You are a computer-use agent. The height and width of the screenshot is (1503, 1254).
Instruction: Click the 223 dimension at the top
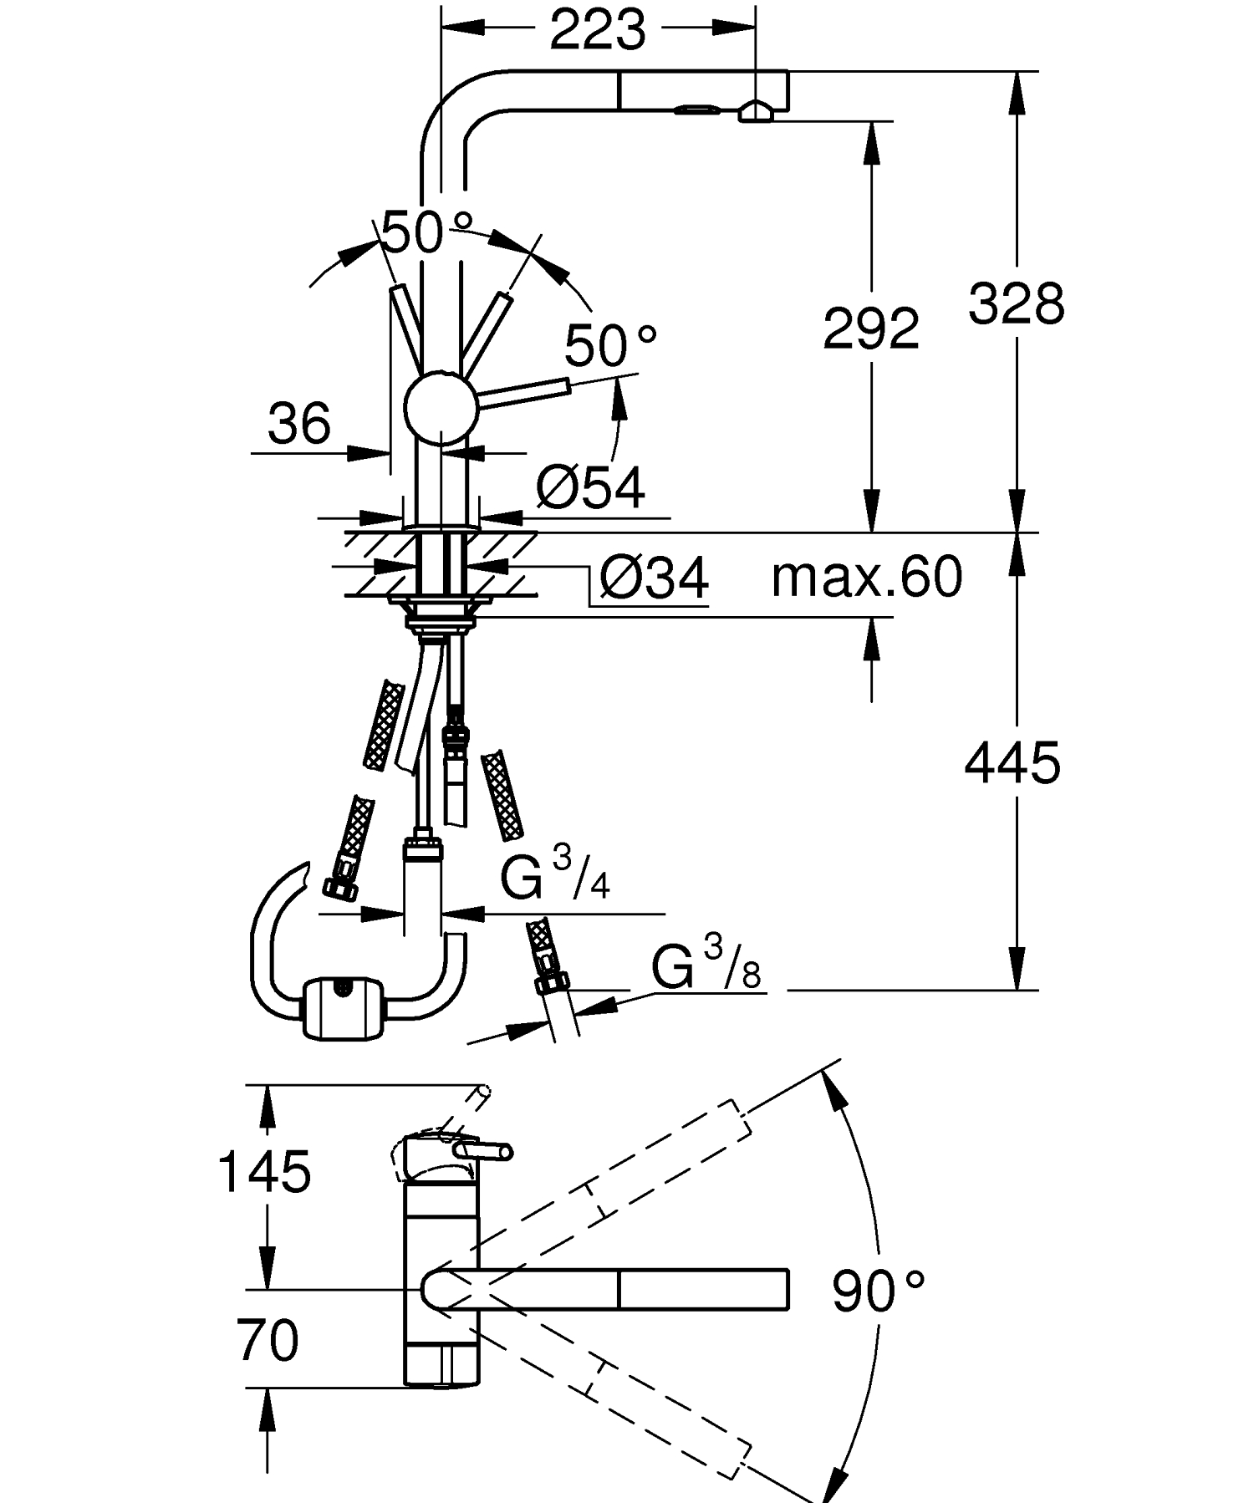coord(598,31)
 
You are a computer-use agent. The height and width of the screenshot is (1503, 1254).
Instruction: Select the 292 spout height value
coord(871,328)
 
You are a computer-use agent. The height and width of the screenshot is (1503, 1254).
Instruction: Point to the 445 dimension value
coord(1012,762)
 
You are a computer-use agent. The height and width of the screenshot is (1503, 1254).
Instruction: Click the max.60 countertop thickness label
coord(867,576)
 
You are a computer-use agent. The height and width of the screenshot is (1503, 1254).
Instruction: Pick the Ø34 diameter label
coord(655,578)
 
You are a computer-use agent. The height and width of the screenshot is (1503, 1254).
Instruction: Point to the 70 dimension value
coord(268,1340)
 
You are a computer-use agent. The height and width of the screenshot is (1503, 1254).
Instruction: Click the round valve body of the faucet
coord(441,407)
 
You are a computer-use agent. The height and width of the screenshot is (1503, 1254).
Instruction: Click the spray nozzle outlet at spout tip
coord(755,111)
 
